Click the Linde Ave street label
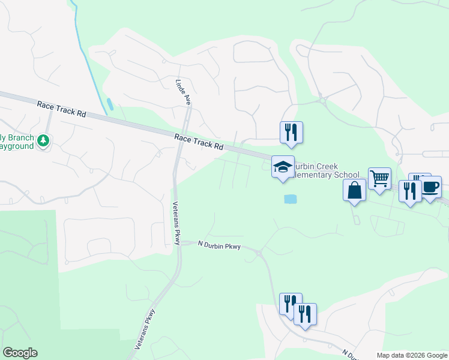(183, 92)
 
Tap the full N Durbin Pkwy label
(219, 244)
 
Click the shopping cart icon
(379, 178)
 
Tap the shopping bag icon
(355, 190)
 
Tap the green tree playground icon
(43, 141)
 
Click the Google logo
(20, 353)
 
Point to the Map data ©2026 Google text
(412, 355)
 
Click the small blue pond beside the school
(289, 199)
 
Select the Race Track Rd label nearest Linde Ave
(199, 142)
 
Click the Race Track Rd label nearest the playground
(62, 109)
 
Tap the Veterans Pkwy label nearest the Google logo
(146, 329)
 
